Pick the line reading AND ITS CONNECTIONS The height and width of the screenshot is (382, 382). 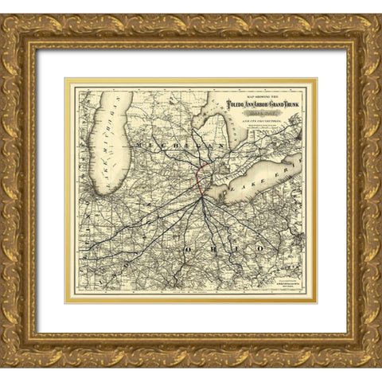click(x=248, y=119)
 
